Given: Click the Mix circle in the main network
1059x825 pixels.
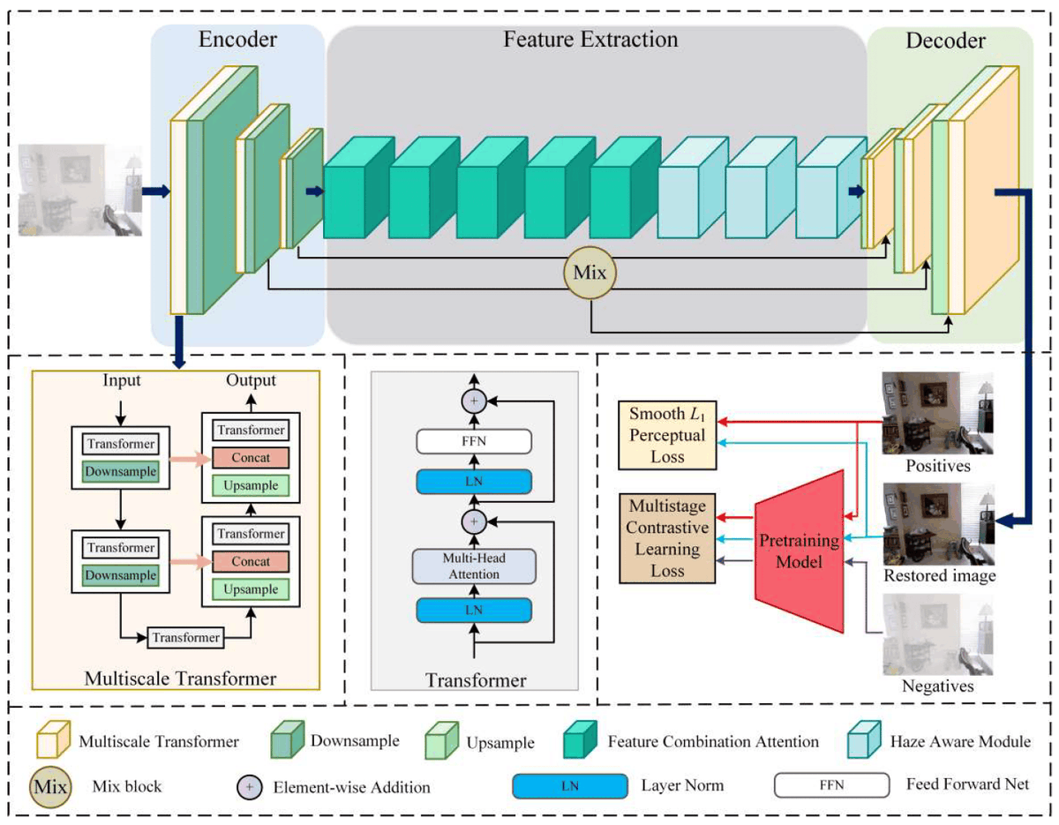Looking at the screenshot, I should pyautogui.click(x=590, y=273).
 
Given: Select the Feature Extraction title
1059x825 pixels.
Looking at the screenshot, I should pyautogui.click(x=590, y=41).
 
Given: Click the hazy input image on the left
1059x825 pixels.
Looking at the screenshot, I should pyautogui.click(x=80, y=191).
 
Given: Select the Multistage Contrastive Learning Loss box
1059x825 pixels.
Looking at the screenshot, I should pyautogui.click(x=668, y=538).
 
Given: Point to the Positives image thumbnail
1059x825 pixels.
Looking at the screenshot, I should pyautogui.click(x=937, y=413).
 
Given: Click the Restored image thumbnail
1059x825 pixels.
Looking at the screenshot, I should pyautogui.click(x=937, y=522).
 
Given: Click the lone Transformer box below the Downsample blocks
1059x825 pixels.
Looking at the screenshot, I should pyautogui.click(x=187, y=636).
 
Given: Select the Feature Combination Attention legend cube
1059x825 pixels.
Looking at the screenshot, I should pyautogui.click(x=581, y=741).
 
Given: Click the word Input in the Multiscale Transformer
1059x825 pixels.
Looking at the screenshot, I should pyautogui.click(x=122, y=381).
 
